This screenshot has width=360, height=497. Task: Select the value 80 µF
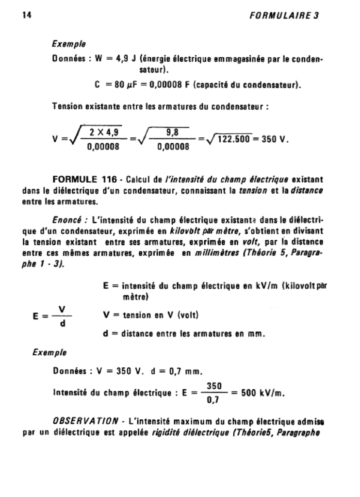(125, 86)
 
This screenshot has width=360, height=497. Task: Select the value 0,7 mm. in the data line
(181, 371)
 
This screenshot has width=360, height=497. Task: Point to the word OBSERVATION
(85, 420)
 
